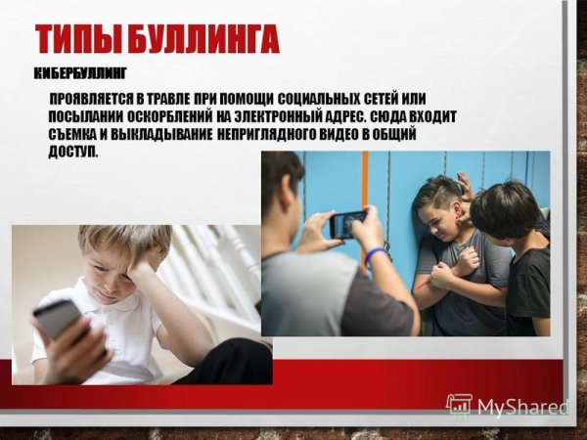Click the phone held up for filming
click(x=346, y=223)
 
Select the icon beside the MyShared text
click(x=459, y=405)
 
